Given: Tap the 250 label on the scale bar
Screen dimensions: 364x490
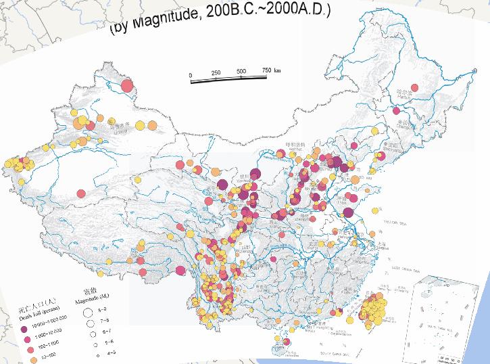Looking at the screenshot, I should click(216, 73).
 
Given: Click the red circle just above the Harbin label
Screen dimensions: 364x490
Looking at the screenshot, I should click(416, 87).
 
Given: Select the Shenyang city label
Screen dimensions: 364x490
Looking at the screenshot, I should click(391, 145).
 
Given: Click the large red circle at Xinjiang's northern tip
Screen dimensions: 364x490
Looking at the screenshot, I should click(126, 86).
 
